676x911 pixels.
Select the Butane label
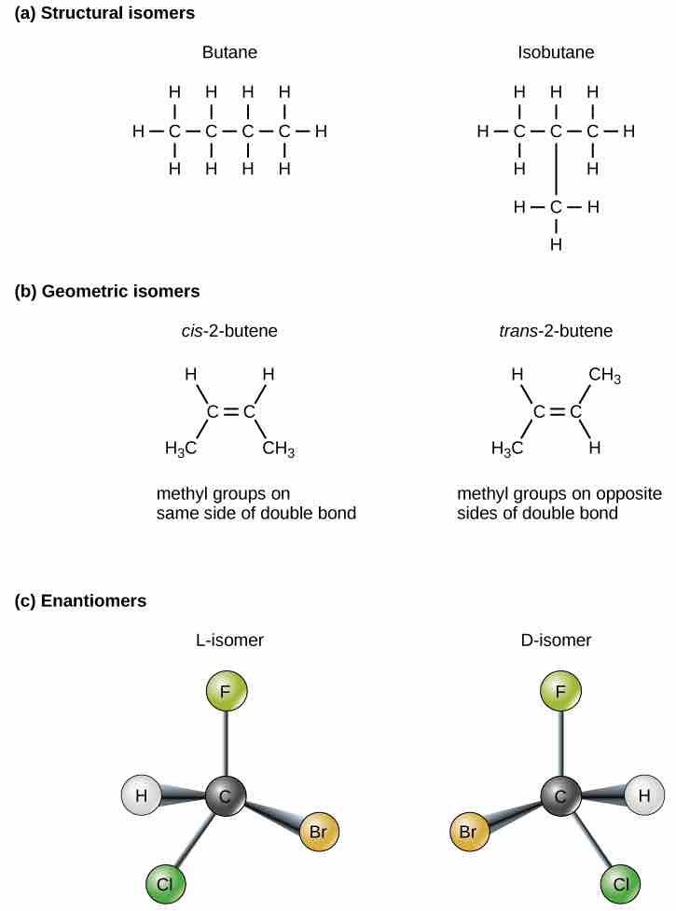229,53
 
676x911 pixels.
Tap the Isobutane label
556,53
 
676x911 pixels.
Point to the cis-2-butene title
229,331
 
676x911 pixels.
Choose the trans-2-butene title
556,331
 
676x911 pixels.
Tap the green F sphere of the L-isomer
226,693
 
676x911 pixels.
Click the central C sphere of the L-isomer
225,796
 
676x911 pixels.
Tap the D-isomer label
556,641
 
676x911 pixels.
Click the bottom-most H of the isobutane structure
556,245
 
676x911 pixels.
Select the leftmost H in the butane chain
138,131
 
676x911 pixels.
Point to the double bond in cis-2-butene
230,411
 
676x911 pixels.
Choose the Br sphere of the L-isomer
318,831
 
